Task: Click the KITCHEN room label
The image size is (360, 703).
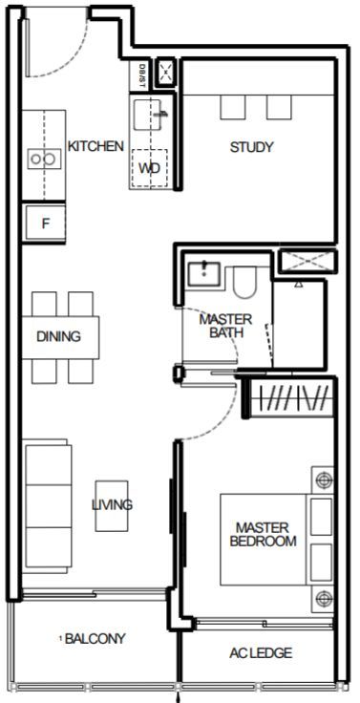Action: click(95, 146)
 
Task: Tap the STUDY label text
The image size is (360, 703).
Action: click(251, 147)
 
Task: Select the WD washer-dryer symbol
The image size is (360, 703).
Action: click(149, 168)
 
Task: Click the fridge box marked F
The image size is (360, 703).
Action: click(45, 223)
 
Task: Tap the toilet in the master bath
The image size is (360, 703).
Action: click(244, 283)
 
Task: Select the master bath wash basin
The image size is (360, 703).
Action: click(204, 274)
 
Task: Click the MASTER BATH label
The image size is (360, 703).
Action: click(225, 326)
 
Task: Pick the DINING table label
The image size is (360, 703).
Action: click(59, 336)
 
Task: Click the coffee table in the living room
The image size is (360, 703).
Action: click(112, 506)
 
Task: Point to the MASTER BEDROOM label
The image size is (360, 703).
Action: click(264, 534)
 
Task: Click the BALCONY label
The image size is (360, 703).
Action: click(95, 638)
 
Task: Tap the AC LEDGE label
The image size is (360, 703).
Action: click(261, 653)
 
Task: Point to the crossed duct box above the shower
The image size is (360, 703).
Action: click(307, 262)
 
